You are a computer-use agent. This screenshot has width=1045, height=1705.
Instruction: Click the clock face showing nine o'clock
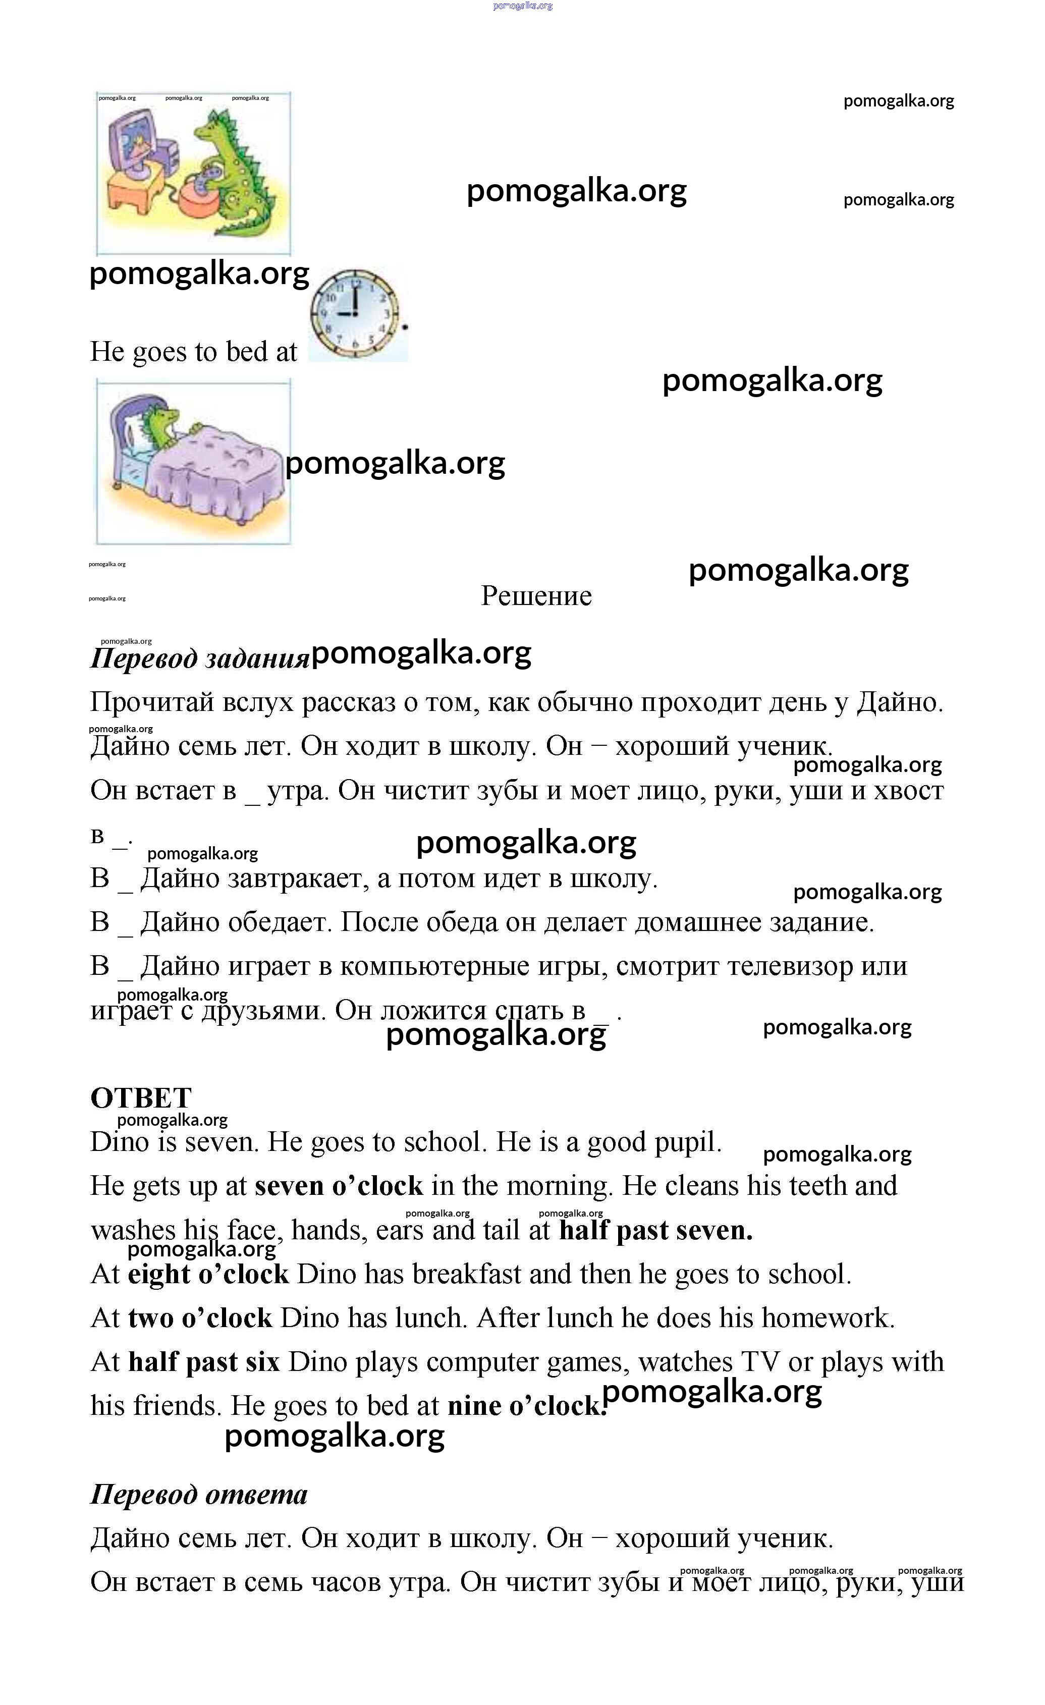(x=355, y=313)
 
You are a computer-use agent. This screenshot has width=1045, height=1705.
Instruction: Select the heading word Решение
(x=536, y=596)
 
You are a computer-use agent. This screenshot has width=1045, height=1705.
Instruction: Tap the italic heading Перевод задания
(x=199, y=658)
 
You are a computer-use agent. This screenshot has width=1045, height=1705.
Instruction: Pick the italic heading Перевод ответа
(x=199, y=1494)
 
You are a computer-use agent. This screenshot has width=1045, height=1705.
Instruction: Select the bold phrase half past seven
(x=655, y=1230)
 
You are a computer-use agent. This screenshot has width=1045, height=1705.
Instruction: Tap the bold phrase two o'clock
(x=200, y=1318)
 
